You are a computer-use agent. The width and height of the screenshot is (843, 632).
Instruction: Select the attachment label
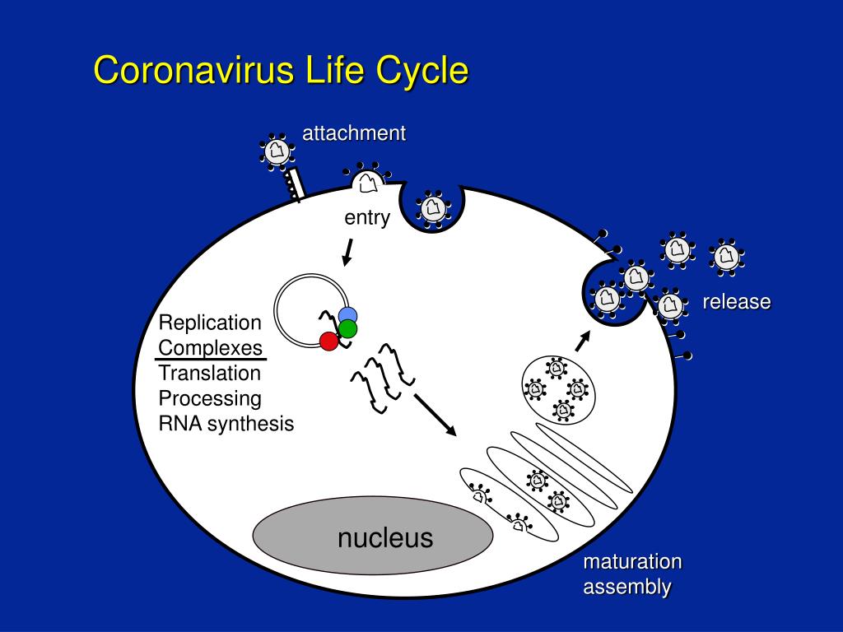point(354,133)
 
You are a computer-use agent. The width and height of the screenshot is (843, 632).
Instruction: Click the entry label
point(366,218)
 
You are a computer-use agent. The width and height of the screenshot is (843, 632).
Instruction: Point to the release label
point(736,302)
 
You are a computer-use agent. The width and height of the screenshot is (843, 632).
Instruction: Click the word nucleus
point(384,538)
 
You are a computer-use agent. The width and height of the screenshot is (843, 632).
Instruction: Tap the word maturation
point(632,562)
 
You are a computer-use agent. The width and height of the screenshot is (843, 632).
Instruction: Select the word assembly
point(627,588)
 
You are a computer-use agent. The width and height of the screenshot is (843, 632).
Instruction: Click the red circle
point(328,341)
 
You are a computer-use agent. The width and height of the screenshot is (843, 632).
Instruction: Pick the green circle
point(347,329)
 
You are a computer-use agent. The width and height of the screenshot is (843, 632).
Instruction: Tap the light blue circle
point(348,315)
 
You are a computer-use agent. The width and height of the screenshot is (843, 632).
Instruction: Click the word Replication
point(210,322)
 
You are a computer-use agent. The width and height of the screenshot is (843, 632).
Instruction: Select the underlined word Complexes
point(211,347)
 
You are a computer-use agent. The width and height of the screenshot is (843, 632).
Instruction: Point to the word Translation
point(210,373)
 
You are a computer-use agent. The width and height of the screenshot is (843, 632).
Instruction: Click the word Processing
point(210,398)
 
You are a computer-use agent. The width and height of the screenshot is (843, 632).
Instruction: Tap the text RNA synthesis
point(226,424)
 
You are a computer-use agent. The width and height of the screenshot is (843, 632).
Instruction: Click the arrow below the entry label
point(348,252)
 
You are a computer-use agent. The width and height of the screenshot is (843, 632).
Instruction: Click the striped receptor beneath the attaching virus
point(294,185)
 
